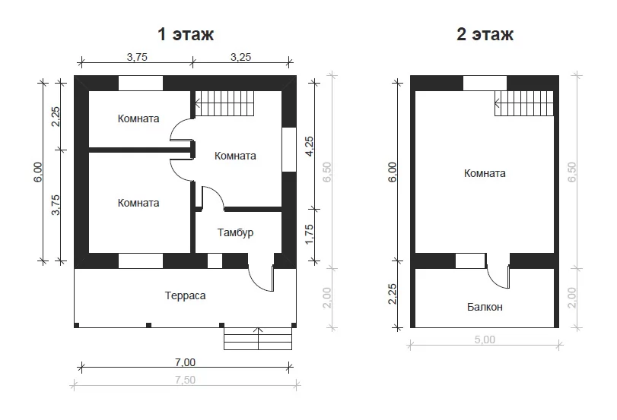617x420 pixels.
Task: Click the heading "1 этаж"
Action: coord(186,34)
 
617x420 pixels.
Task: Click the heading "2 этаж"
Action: coord(485,34)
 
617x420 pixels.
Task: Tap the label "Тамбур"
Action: coord(235,232)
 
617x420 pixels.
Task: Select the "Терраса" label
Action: coord(185,295)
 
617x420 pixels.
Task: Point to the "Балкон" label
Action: coord(485,307)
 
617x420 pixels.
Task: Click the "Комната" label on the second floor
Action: coord(485,173)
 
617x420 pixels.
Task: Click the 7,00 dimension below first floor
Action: coord(185,362)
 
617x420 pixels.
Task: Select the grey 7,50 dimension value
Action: coord(185,380)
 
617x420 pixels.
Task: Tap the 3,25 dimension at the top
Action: coord(240,57)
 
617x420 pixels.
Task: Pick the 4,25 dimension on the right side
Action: coord(310,146)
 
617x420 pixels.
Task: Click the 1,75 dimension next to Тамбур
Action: coord(310,234)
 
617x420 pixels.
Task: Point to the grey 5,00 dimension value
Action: coord(485,339)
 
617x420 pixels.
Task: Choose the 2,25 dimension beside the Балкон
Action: coord(393,294)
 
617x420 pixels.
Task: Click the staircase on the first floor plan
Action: coord(224,103)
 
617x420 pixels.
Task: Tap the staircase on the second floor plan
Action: coord(523,103)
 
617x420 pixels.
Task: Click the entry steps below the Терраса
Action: coord(258,339)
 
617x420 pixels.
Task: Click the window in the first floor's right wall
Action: coord(289,150)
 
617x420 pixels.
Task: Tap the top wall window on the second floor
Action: coord(485,83)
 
